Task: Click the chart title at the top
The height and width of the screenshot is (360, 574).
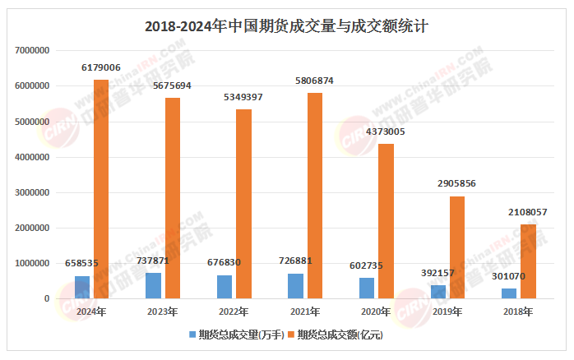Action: point(286,25)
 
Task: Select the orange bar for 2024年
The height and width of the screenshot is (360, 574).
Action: point(100,189)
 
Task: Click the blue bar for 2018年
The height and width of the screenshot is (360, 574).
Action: point(510,293)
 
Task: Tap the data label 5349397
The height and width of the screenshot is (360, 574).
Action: point(243,98)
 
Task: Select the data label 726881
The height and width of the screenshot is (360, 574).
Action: point(296,261)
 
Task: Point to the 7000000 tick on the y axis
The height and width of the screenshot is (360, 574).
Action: point(32,50)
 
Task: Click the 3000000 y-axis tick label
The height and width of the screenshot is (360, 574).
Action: point(32,192)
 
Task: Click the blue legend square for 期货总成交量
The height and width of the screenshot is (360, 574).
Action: point(192,335)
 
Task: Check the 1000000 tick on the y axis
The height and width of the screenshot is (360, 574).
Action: point(32,263)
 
